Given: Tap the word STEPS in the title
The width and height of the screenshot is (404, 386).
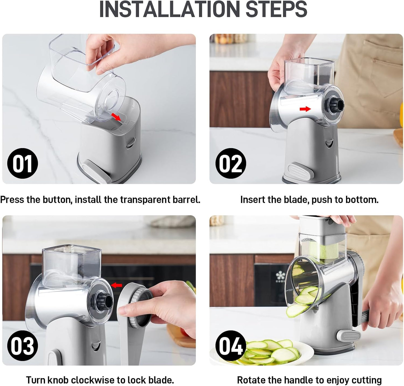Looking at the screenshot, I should pyautogui.click(x=276, y=10).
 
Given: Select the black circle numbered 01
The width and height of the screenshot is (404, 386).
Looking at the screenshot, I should pyautogui.click(x=22, y=164).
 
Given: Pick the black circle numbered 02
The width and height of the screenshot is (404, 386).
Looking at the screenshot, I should pyautogui.click(x=230, y=164).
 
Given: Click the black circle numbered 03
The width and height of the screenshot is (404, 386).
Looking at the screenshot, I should pyautogui.click(x=22, y=346).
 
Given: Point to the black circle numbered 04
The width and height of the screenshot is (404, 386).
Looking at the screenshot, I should pyautogui.click(x=230, y=346).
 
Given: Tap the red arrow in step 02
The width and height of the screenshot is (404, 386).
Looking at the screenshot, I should pyautogui.click(x=305, y=109).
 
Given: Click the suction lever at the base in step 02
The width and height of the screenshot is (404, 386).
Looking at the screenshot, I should pyautogui.click(x=298, y=170).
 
